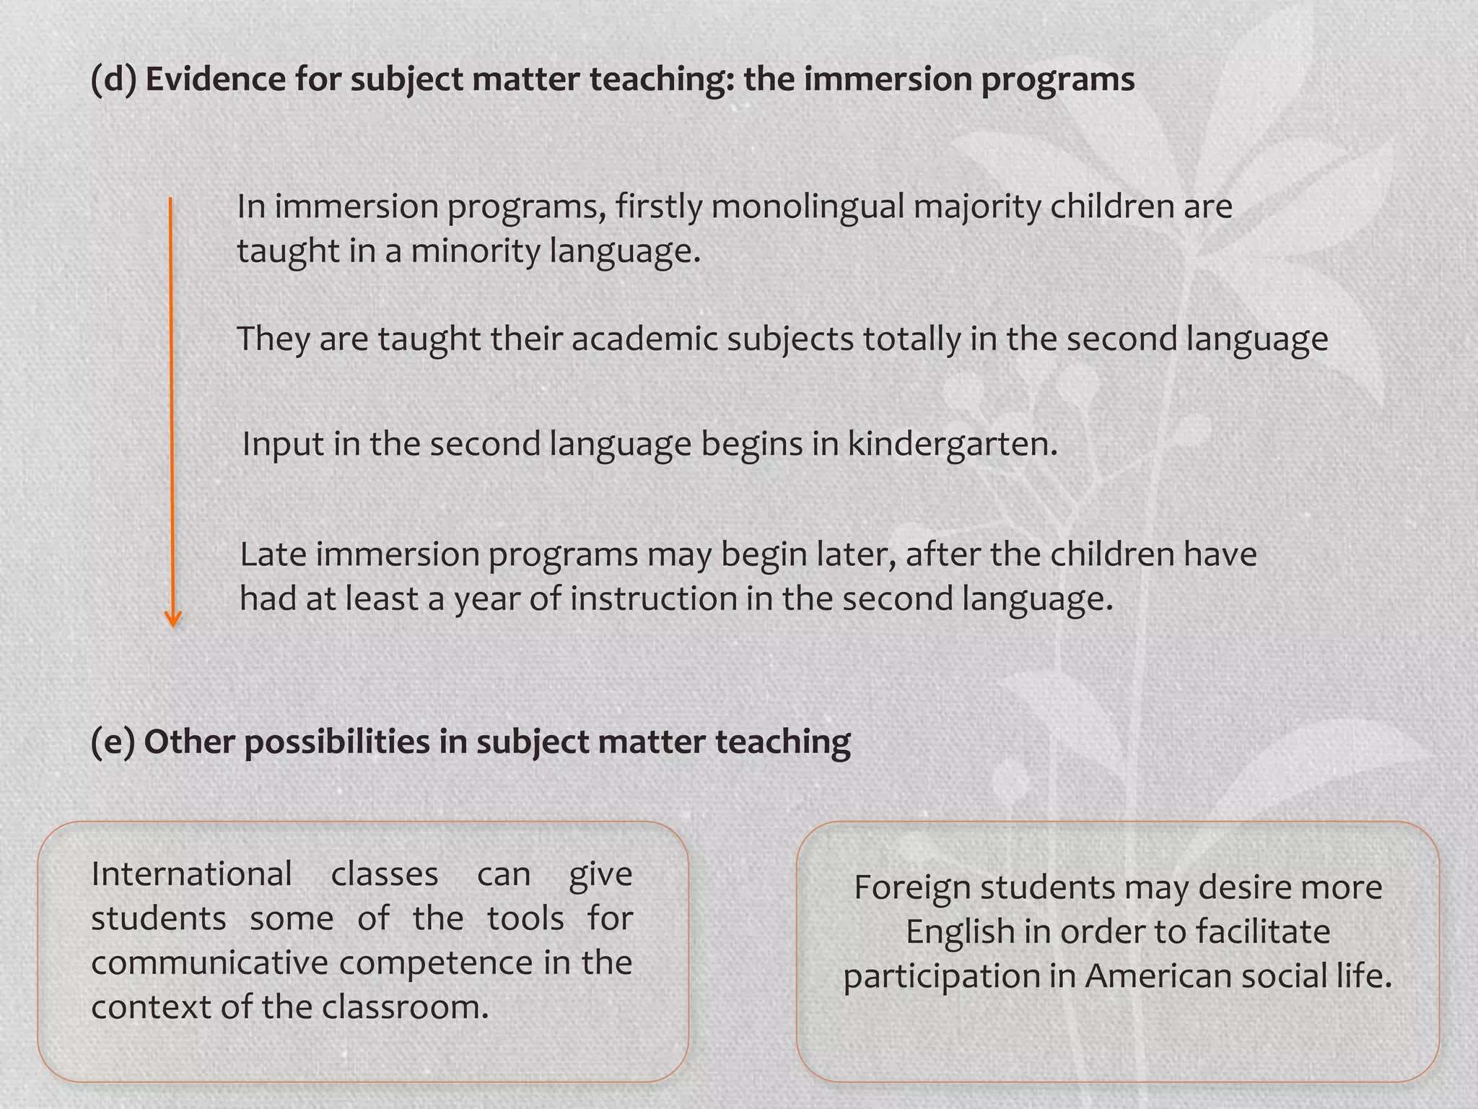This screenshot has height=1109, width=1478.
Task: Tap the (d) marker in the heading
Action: click(113, 79)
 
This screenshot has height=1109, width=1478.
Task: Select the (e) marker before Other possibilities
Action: click(113, 741)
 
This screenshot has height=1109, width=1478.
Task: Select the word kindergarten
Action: click(951, 444)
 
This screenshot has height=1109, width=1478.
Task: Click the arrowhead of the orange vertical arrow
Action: click(172, 619)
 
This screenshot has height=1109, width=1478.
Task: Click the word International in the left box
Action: click(191, 874)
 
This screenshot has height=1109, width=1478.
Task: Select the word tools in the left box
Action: click(525, 919)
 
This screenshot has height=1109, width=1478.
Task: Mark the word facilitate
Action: click(1262, 932)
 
